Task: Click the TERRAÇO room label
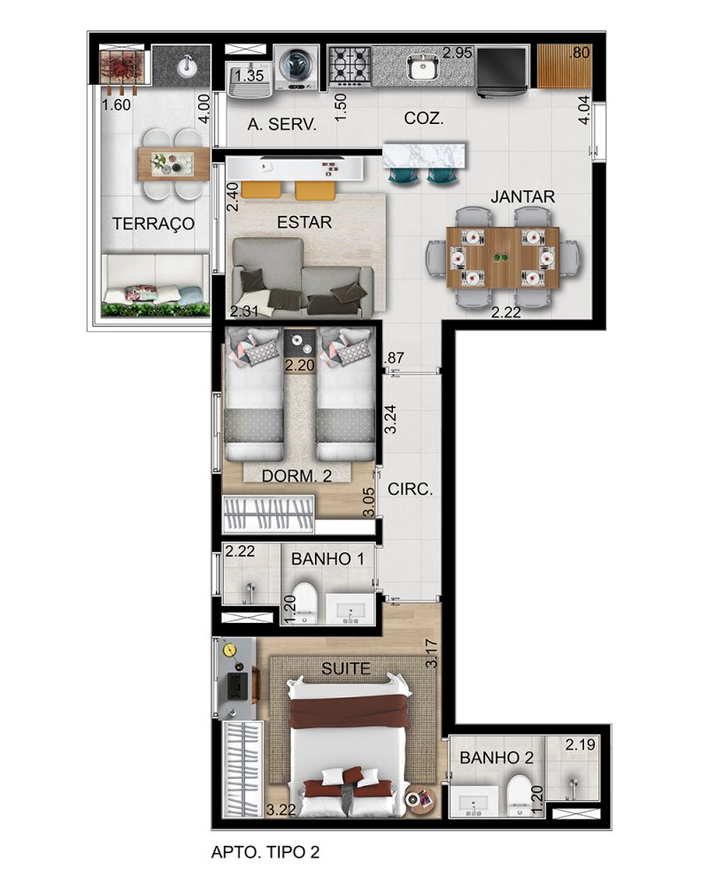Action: point(153,224)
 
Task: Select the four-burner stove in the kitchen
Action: point(350,66)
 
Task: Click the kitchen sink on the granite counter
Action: point(422,67)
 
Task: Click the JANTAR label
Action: point(522,196)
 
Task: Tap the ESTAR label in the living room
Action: point(304,222)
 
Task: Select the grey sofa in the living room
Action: point(302,276)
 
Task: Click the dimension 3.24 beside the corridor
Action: point(390,419)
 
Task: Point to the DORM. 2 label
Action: point(297,476)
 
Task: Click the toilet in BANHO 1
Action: point(305,602)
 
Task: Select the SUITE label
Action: point(345,669)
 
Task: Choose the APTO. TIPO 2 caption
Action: point(265,851)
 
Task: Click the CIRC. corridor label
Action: point(410,489)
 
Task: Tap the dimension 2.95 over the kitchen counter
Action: point(458,53)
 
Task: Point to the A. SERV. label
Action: point(281,124)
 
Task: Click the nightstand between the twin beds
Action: point(299,350)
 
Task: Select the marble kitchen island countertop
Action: point(425,155)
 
